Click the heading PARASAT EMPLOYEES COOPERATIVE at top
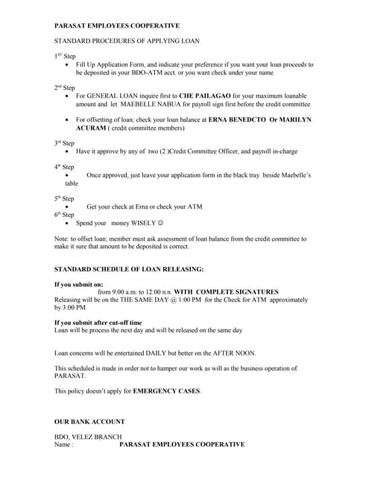[x=117, y=26]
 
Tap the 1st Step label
[x=65, y=56]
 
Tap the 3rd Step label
[x=65, y=142]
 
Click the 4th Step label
[x=65, y=166]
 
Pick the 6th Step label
[x=65, y=214]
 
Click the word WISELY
[x=145, y=223]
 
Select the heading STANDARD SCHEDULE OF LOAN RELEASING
[x=129, y=269]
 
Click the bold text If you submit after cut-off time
[x=98, y=323]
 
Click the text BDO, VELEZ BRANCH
[x=88, y=437]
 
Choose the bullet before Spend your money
[x=69, y=223]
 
